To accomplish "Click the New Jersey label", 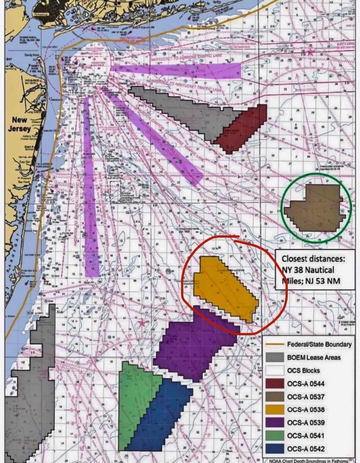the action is pos(19,123).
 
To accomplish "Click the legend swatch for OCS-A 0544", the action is pos(275,384).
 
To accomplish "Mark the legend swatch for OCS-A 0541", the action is pos(275,436).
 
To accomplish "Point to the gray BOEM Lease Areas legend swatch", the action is pos(275,358).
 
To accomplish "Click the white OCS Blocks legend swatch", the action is pos(275,371).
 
